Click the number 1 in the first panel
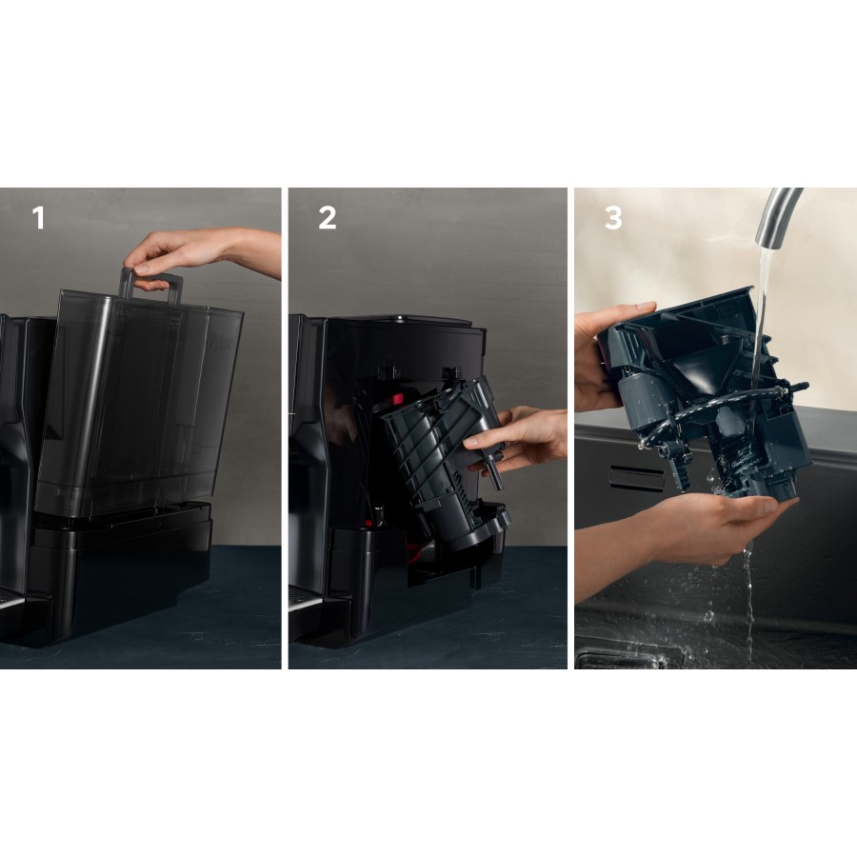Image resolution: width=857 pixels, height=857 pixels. pyautogui.click(x=38, y=218)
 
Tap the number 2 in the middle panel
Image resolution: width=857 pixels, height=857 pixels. pyautogui.click(x=327, y=218)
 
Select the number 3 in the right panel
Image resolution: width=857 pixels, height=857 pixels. pyautogui.click(x=613, y=218)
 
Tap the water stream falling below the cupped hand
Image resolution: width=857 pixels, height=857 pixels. pyautogui.click(x=749, y=600)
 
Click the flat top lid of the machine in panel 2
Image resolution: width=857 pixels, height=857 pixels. pyautogui.click(x=419, y=321)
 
